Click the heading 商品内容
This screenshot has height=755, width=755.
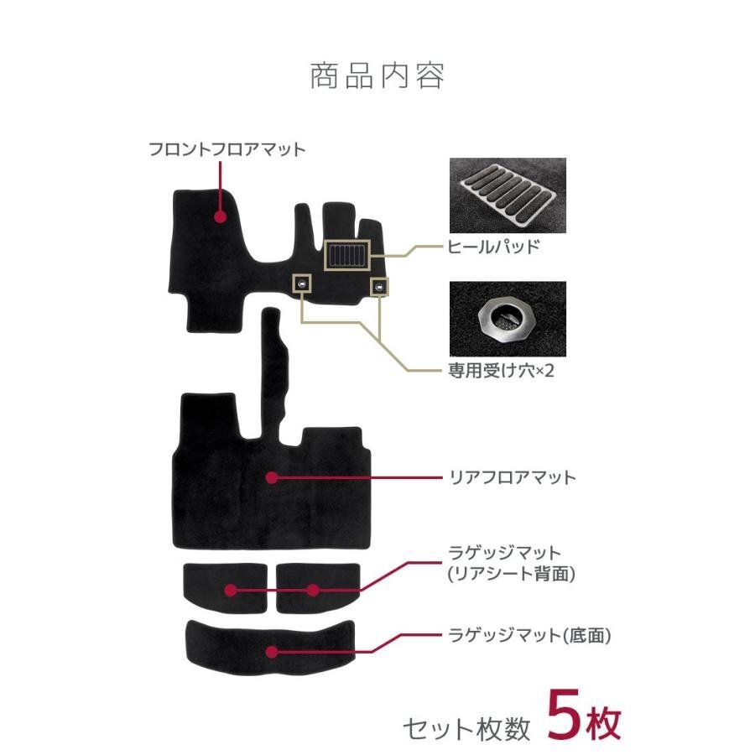click(377, 76)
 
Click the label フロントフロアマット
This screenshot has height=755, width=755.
click(226, 150)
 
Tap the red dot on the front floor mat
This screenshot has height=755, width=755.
click(220, 216)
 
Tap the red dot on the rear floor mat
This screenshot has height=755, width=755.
click(271, 477)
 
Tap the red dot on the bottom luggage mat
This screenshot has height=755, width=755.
click(271, 651)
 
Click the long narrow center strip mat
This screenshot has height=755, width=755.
click(273, 369)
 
